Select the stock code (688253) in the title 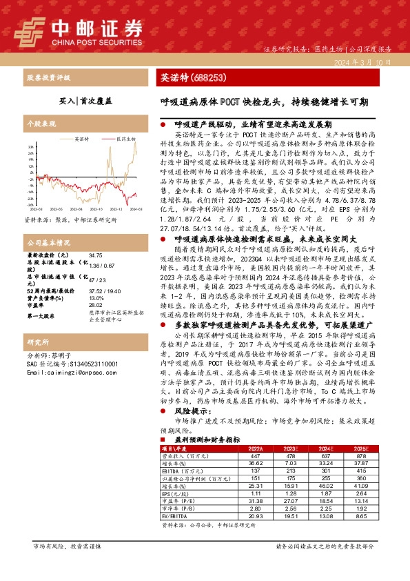pos(206,78)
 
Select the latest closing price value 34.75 pos(96,255)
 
